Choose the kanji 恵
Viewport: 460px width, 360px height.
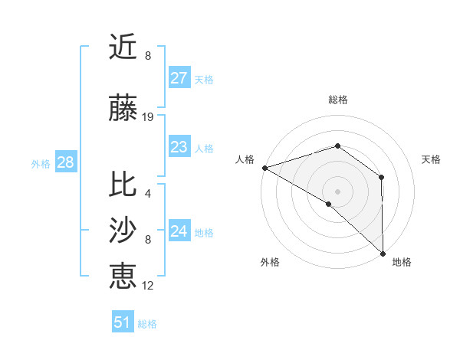pyautogui.click(x=123, y=276)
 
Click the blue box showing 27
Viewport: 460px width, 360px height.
pyautogui.click(x=179, y=78)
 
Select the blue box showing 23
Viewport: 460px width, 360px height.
pyautogui.click(x=179, y=147)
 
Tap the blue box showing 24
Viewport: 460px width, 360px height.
pyautogui.click(x=179, y=231)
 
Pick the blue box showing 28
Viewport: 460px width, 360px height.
pyautogui.click(x=65, y=162)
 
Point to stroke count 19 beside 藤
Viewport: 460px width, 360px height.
pyautogui.click(x=148, y=117)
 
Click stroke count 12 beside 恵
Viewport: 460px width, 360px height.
pyautogui.click(x=148, y=286)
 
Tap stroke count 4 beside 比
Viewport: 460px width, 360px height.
pyautogui.click(x=147, y=193)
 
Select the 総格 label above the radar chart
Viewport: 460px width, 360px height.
pyautogui.click(x=338, y=100)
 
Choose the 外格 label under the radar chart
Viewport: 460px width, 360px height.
pyautogui.click(x=270, y=262)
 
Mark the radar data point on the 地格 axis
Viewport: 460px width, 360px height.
pyautogui.click(x=383, y=252)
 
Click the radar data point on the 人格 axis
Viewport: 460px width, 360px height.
pyautogui.click(x=264, y=167)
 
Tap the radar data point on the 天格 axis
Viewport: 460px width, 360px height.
pyautogui.click(x=381, y=177)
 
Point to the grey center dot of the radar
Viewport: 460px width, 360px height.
pyautogui.click(x=338, y=191)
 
